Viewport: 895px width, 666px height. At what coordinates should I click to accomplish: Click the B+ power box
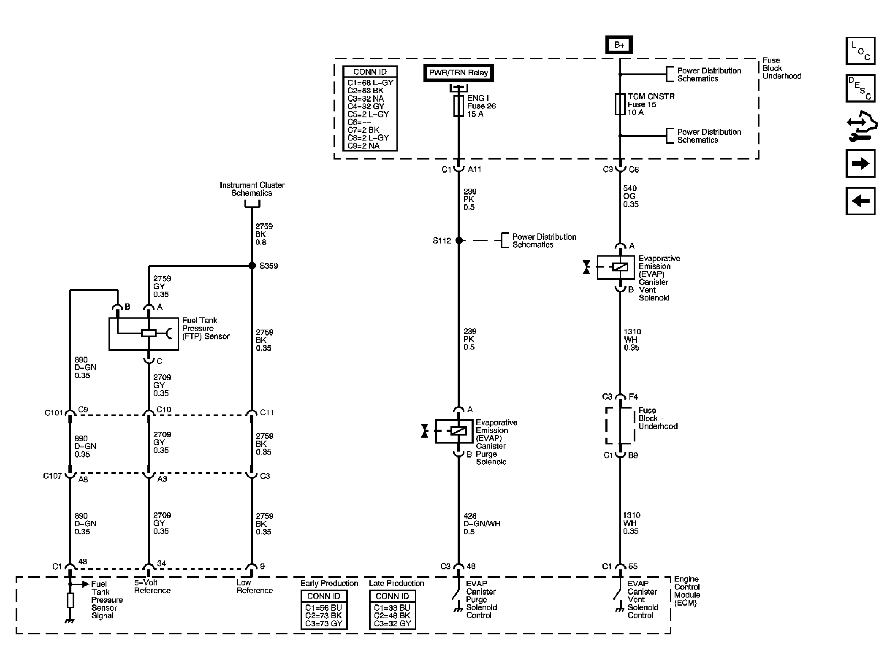[619, 45]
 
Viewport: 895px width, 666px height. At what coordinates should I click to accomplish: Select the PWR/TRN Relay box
[458, 73]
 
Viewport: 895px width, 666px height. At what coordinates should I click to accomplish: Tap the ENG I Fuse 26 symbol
[458, 106]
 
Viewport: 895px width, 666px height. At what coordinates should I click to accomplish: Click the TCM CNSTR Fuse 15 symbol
[620, 104]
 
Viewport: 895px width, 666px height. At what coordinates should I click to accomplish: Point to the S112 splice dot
[459, 240]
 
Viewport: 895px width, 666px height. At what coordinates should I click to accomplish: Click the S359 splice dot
[252, 265]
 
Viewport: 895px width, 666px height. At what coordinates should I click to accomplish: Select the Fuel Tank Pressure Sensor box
[144, 333]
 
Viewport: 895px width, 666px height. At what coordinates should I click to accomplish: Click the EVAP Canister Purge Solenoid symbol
[454, 431]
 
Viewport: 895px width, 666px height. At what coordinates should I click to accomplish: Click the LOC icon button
[860, 51]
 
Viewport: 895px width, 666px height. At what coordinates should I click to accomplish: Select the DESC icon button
[860, 89]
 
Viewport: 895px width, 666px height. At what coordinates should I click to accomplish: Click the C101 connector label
[54, 413]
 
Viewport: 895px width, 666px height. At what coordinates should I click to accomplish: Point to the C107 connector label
[52, 476]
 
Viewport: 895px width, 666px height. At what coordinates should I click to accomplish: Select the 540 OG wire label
[631, 196]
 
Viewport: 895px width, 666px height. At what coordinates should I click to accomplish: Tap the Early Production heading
[329, 583]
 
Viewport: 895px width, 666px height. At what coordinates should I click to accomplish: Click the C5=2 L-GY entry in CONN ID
[368, 114]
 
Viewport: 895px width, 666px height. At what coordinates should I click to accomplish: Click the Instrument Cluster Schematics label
[252, 189]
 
